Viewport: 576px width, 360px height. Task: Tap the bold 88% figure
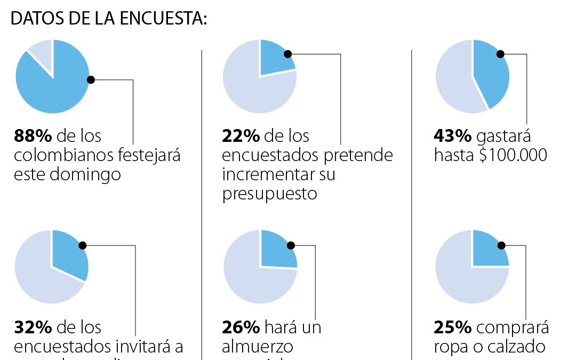[x=33, y=136]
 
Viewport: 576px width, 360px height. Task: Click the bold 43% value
[x=452, y=136]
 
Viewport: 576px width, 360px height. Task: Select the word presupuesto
[x=269, y=194]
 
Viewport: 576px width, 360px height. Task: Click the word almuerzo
[x=258, y=346]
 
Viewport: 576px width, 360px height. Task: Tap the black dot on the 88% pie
[x=91, y=80]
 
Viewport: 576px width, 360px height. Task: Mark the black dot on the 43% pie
[x=500, y=53]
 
